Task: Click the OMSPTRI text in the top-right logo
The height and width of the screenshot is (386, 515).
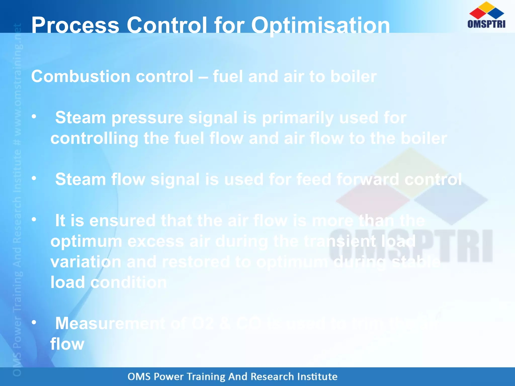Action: click(x=486, y=24)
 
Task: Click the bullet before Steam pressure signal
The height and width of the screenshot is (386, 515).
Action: click(x=34, y=116)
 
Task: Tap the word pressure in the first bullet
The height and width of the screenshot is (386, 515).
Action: click(x=147, y=118)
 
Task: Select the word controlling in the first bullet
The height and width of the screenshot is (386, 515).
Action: click(x=94, y=138)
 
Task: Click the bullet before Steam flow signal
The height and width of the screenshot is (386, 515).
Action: click(x=34, y=178)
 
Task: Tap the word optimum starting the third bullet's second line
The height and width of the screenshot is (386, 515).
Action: click(x=86, y=242)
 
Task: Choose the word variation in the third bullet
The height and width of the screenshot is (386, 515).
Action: click(x=86, y=262)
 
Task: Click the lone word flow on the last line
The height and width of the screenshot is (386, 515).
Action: click(x=67, y=344)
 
